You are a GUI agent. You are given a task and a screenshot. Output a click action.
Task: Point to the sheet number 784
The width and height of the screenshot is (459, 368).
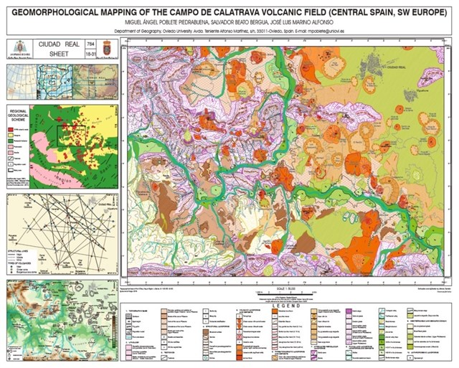(x=90, y=44)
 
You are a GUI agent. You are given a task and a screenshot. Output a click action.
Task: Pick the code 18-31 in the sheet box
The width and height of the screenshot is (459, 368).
(x=90, y=54)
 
